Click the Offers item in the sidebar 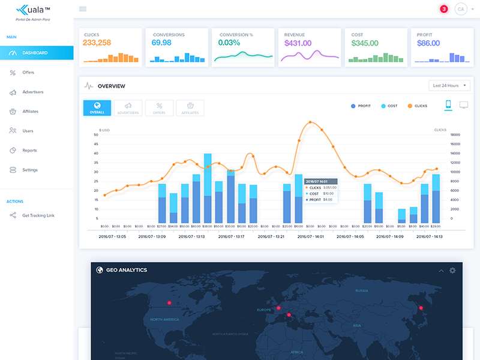[x=28, y=73]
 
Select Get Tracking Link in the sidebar [x=38, y=215]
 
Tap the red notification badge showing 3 [x=444, y=9]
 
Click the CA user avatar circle [x=461, y=9]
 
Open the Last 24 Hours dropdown [x=449, y=86]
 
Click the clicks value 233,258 [x=97, y=43]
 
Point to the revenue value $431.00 [x=298, y=43]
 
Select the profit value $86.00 [x=428, y=43]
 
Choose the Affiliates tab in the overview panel [x=190, y=108]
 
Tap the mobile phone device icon [x=448, y=105]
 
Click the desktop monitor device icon [x=464, y=105]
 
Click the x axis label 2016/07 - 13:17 [x=231, y=236]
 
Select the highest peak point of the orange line [x=311, y=122]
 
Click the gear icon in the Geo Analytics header [x=452, y=271]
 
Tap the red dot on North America [x=169, y=303]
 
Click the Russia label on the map [x=361, y=291]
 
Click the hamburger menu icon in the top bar [x=83, y=9]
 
